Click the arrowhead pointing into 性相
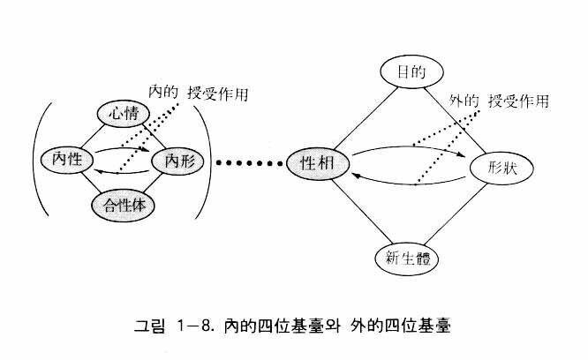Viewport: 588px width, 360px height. tap(355, 176)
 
